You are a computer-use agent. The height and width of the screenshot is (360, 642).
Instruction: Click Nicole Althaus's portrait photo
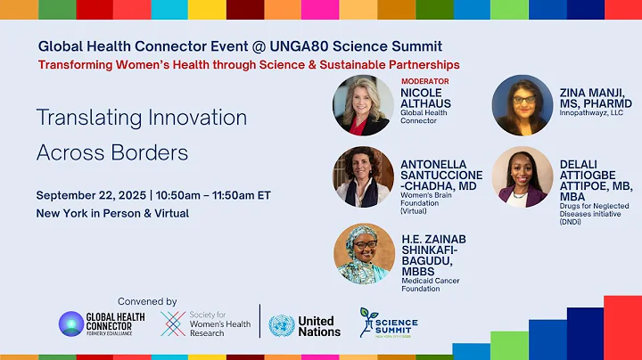coord(363,105)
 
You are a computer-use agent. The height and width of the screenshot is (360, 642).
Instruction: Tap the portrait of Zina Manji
coord(523,105)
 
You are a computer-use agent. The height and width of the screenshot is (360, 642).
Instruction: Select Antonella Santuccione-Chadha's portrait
coord(364,176)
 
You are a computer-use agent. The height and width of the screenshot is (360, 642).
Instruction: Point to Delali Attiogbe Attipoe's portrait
coord(523,176)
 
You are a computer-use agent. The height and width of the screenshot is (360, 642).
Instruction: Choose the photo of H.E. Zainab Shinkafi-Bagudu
coord(364,254)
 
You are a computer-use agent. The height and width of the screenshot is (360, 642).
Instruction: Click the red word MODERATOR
coord(424,81)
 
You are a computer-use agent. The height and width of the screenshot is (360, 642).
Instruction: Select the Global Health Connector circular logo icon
coord(72,324)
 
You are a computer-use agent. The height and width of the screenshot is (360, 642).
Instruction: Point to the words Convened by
coord(147,301)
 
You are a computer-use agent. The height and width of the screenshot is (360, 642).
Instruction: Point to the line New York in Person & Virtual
coord(112,214)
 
